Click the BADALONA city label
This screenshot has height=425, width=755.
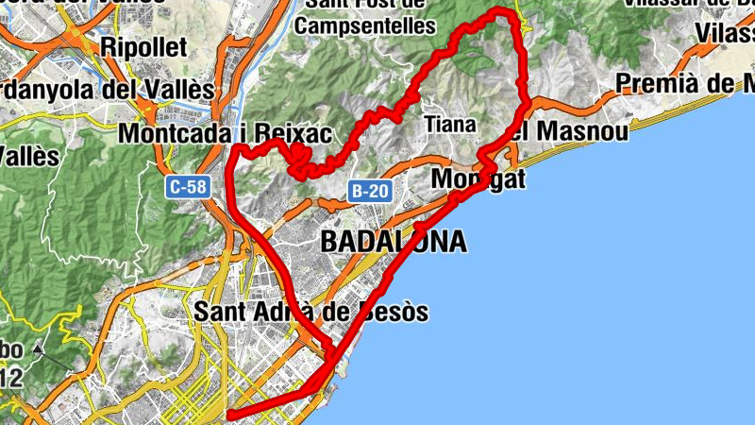click(x=394, y=242)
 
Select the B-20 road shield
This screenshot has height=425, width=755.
click(x=369, y=192)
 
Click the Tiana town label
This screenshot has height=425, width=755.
click(x=450, y=124)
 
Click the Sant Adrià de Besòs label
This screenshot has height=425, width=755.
click(x=310, y=311)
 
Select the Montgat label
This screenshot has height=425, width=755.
click(x=478, y=179)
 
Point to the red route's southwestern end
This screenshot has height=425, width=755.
click(x=230, y=414)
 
